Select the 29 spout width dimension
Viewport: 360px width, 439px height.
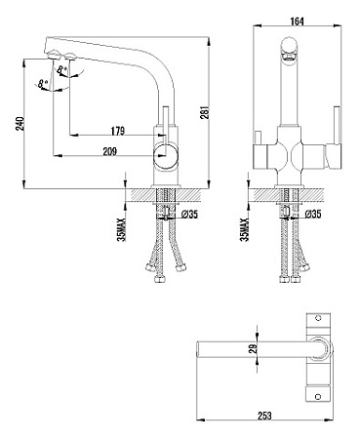pyautogui.click(x=252, y=348)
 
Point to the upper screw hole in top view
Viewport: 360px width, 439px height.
pyautogui.click(x=316, y=319)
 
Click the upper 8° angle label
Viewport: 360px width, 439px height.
pyautogui.click(x=65, y=69)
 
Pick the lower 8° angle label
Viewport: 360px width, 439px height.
pyautogui.click(x=42, y=86)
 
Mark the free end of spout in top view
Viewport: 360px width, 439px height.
pyautogui.click(x=199, y=349)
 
